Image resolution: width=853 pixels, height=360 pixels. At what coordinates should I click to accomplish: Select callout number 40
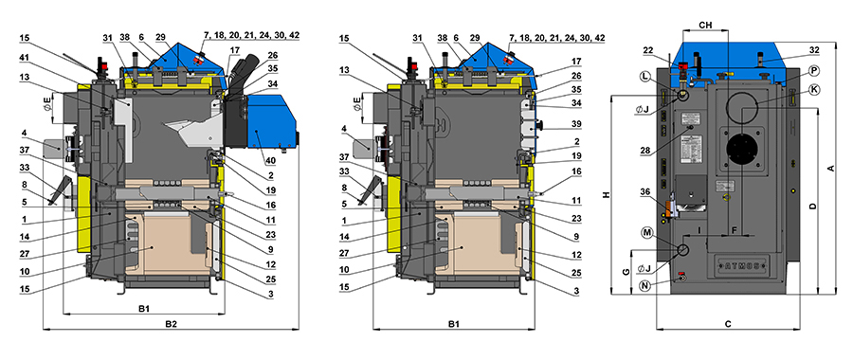(270, 161)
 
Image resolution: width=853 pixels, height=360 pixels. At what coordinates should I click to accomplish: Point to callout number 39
(577, 123)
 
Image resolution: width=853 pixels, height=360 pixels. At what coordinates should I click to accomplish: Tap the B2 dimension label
(172, 324)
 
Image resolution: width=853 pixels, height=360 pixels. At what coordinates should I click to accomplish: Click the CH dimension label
(705, 25)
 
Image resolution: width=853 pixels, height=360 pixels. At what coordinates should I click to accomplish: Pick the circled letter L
(645, 78)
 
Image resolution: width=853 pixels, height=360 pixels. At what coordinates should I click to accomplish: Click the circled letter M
(646, 232)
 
